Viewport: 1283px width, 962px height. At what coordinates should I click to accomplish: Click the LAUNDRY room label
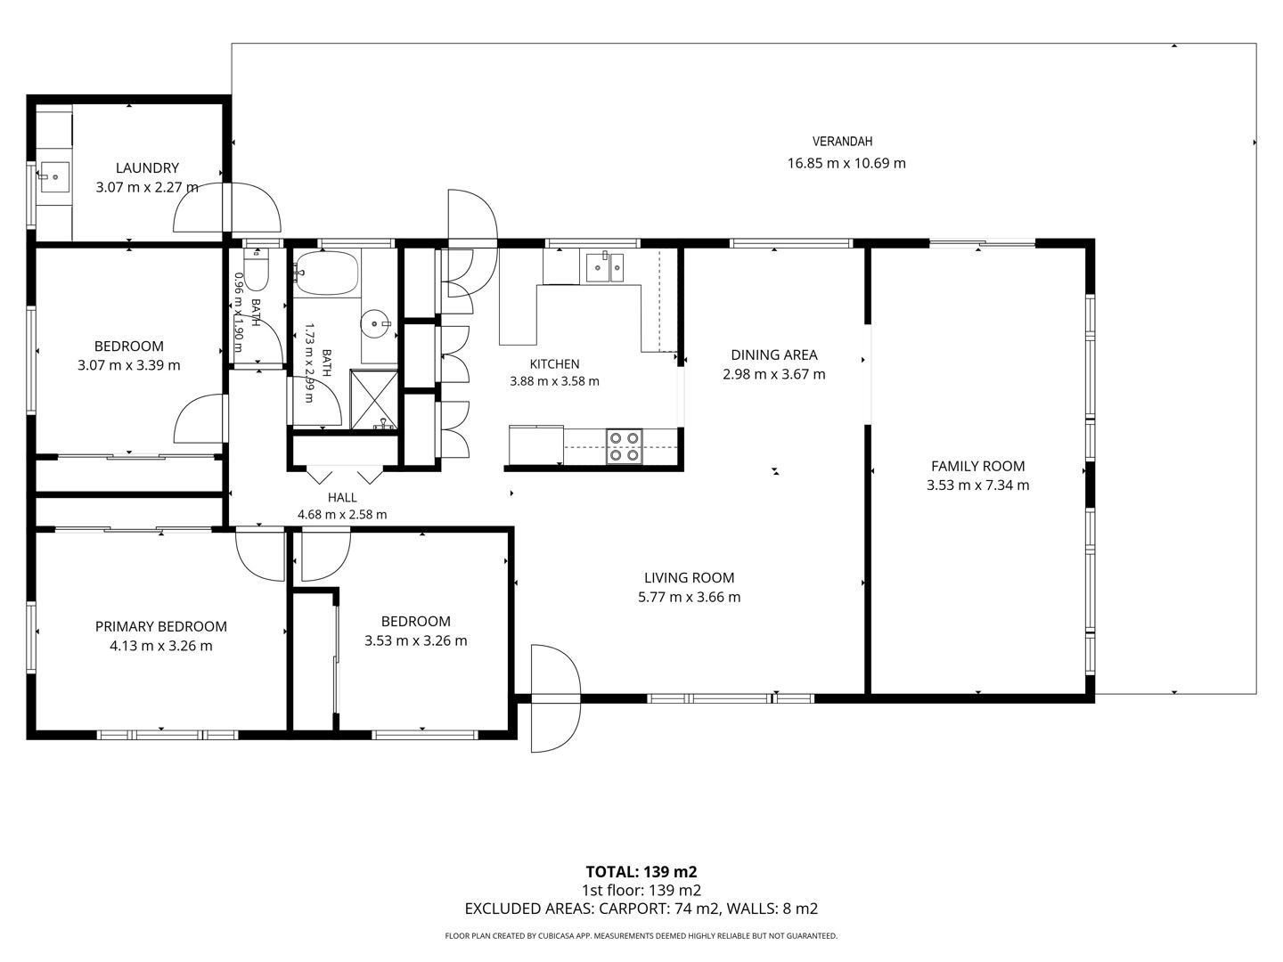click(x=147, y=168)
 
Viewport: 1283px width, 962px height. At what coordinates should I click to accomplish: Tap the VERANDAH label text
click(x=842, y=142)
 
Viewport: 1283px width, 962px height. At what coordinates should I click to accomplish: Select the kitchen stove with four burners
click(x=624, y=446)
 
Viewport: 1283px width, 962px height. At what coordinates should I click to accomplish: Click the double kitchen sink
click(x=605, y=267)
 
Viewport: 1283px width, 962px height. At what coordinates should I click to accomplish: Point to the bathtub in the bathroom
click(x=325, y=273)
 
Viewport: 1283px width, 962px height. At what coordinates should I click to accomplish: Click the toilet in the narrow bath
click(x=256, y=269)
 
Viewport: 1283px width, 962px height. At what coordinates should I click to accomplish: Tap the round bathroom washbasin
click(x=375, y=323)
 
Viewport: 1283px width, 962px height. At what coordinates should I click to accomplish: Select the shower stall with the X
click(x=373, y=400)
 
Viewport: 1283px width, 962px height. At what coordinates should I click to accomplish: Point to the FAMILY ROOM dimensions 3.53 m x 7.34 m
click(x=977, y=485)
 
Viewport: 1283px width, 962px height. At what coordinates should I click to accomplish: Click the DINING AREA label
click(x=774, y=355)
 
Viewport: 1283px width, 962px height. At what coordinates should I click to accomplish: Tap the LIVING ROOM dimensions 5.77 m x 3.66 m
click(x=689, y=597)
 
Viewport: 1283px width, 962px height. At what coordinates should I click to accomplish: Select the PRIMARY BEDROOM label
click(x=160, y=627)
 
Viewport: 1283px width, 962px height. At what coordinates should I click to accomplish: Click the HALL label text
click(x=342, y=498)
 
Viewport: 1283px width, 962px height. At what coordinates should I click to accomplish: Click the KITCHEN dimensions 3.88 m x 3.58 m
click(x=554, y=381)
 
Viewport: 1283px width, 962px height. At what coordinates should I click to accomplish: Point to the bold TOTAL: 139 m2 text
click(x=641, y=872)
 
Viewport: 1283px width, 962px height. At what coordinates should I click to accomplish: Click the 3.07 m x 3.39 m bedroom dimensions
click(x=128, y=365)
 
